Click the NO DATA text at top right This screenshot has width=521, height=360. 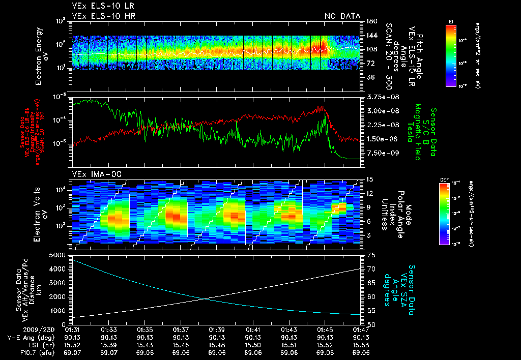point(342,16)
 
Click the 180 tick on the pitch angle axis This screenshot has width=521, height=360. point(369,21)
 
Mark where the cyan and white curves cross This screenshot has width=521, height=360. point(204,298)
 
